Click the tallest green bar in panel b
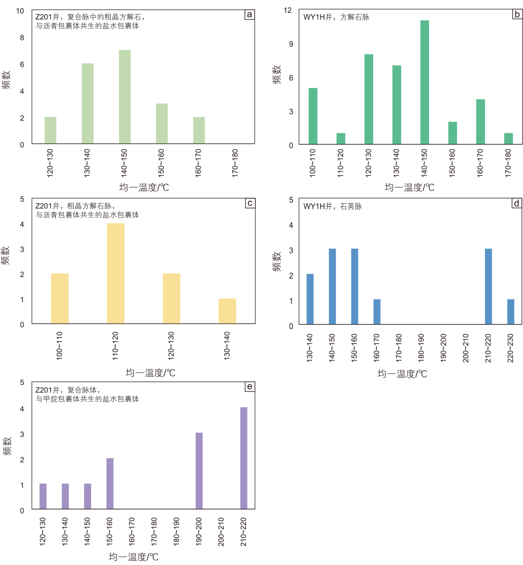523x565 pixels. click(425, 82)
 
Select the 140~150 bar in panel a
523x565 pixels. click(125, 97)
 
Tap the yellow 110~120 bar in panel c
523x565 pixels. click(116, 273)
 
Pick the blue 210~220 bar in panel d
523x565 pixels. click(488, 286)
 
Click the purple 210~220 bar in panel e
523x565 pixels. click(244, 458)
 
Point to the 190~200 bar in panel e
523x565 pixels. click(199, 471)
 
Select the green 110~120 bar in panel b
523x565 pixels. click(341, 138)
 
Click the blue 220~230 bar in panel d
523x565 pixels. click(511, 312)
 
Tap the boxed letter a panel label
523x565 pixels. click(249, 15)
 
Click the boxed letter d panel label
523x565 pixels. click(516, 203)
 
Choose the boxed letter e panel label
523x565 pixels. click(250, 387)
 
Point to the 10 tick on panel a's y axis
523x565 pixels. click(20, 11)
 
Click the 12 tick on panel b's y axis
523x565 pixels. click(288, 10)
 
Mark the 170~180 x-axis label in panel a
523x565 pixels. click(235, 164)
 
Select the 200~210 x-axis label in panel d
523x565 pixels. click(466, 348)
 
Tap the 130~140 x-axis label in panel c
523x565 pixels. click(227, 346)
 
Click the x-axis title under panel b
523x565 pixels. click(409, 188)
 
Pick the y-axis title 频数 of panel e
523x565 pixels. click(7, 446)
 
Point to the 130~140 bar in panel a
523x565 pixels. click(87, 103)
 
